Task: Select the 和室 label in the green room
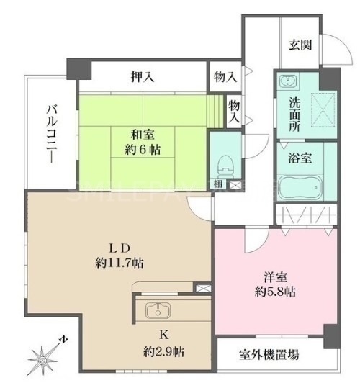[x=142, y=134]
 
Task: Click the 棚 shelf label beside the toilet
[x=217, y=185]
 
